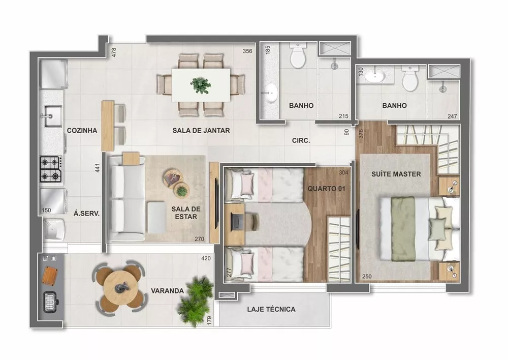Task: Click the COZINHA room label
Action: (x=82, y=131)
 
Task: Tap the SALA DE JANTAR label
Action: (x=201, y=131)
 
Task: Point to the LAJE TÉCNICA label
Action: (x=271, y=309)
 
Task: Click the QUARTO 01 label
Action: (x=323, y=189)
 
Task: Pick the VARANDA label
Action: (x=167, y=291)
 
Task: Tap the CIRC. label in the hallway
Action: (x=301, y=140)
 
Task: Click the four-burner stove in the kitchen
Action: (x=51, y=169)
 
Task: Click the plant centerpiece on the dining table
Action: (x=201, y=85)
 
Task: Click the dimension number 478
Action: (x=114, y=52)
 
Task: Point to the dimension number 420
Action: (x=205, y=258)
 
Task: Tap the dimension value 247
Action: (x=452, y=116)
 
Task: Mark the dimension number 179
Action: (x=209, y=321)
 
